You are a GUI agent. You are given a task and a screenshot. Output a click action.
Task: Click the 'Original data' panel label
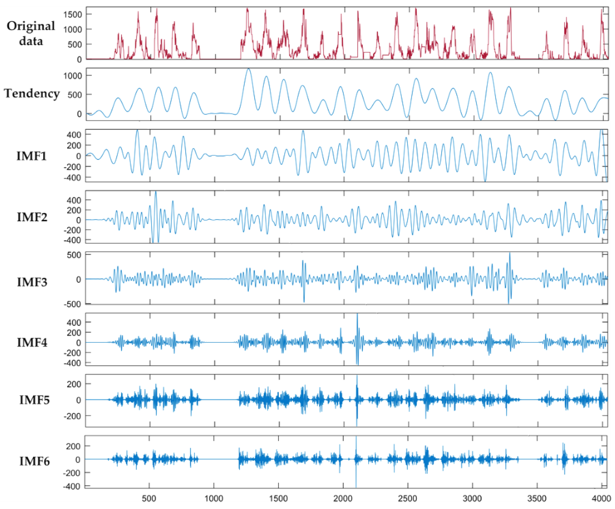[31, 33]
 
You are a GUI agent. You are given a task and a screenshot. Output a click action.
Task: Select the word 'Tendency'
[32, 93]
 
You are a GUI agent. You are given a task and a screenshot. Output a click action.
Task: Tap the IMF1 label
[32, 156]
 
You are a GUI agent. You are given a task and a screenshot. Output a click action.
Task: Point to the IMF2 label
[32, 217]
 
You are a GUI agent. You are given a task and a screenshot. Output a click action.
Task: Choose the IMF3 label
[32, 282]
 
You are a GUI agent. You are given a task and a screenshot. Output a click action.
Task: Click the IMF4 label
[32, 342]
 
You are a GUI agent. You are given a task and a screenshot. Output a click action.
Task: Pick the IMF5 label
[34, 400]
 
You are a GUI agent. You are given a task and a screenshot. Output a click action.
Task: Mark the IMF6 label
[34, 461]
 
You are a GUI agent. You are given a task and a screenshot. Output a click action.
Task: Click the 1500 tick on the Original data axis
[73, 14]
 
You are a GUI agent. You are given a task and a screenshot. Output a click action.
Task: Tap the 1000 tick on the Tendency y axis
[73, 76]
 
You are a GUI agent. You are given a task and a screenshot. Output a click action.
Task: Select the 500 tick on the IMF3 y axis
[74, 255]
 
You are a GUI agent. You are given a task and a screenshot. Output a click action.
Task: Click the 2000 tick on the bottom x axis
[343, 499]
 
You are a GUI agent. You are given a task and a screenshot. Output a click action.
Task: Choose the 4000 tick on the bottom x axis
[601, 499]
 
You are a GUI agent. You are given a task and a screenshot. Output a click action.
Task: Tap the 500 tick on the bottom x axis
[149, 499]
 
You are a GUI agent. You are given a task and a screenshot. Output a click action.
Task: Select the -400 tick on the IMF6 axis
[72, 486]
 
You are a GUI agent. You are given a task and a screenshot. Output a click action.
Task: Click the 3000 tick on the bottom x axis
[472, 499]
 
